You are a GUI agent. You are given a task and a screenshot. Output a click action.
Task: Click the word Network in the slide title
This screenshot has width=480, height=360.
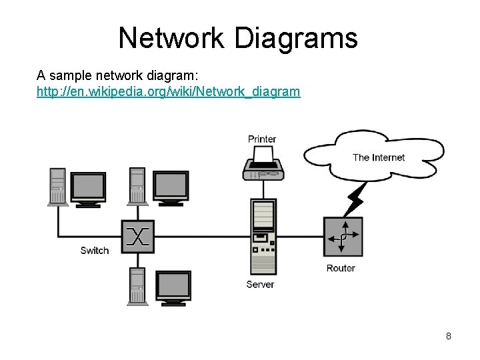pos(172,38)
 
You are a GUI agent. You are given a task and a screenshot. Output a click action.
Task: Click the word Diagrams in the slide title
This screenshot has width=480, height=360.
pos(296,38)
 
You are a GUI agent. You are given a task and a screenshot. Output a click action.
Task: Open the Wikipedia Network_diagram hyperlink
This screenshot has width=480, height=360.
pos(168,91)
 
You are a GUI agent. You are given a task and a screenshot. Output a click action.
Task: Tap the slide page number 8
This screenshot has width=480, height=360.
pos(449,336)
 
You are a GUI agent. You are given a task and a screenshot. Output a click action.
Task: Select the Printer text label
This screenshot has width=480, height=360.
pos(262,139)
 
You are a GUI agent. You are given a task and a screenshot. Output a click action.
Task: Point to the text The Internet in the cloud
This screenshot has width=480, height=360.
pos(378,158)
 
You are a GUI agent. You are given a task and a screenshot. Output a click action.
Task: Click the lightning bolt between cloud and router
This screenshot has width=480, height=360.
pos(356,198)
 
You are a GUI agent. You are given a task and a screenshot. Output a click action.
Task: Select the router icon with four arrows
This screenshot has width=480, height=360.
pos(343,237)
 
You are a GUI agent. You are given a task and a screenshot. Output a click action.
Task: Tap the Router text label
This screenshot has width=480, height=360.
pos(341,268)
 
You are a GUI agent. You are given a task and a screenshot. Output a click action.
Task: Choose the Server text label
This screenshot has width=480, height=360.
pos(260,284)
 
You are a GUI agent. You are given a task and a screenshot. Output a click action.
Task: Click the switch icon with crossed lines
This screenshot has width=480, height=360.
pos(138,236)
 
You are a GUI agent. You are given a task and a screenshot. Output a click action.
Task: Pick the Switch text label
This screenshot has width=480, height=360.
pos(95,251)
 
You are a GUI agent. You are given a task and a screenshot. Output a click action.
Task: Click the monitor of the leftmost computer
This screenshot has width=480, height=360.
pos(88,188)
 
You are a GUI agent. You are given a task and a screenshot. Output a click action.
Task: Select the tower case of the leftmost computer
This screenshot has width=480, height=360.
pos(58,186)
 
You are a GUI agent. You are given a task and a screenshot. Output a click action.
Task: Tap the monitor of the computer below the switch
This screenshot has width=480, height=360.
pos(173,288)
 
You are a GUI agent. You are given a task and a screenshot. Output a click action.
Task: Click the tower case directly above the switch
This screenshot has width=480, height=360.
pos(137,186)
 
